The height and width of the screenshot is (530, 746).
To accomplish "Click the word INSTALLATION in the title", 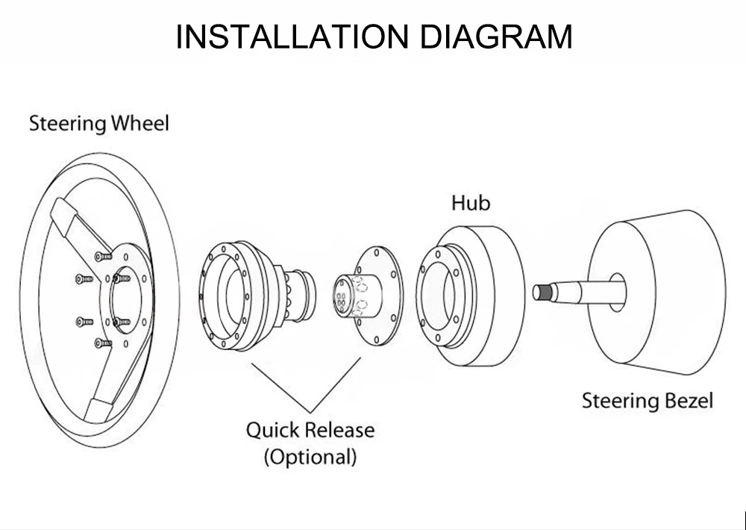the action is point(292,37).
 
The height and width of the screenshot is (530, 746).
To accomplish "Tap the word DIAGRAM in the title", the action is point(496,37).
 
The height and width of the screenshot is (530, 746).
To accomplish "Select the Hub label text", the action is point(471,203).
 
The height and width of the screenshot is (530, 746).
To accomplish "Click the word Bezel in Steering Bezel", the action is point(689,400).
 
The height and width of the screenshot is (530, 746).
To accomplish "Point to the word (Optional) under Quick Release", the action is point(310,456).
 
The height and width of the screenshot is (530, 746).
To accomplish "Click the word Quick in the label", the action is point(269,430).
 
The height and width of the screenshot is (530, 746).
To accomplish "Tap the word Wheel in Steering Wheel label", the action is point(140,123).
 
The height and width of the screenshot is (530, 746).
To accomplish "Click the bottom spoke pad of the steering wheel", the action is point(99,411).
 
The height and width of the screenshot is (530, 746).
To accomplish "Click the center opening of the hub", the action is point(441,296).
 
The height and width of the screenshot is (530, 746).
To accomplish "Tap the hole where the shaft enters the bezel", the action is point(617,293).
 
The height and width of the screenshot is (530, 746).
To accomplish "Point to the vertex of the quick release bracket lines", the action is point(310,412).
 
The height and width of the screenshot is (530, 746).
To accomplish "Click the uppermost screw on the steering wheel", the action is point(103,257).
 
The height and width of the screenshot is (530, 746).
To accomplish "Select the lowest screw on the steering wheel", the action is point(103,343).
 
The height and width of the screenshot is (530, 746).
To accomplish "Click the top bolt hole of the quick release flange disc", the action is point(377,252).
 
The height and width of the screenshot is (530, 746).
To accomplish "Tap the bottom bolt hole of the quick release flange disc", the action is point(377,340).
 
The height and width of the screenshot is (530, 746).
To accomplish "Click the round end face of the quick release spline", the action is point(341,296).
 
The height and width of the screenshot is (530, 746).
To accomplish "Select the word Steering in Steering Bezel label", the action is point(621,402).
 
